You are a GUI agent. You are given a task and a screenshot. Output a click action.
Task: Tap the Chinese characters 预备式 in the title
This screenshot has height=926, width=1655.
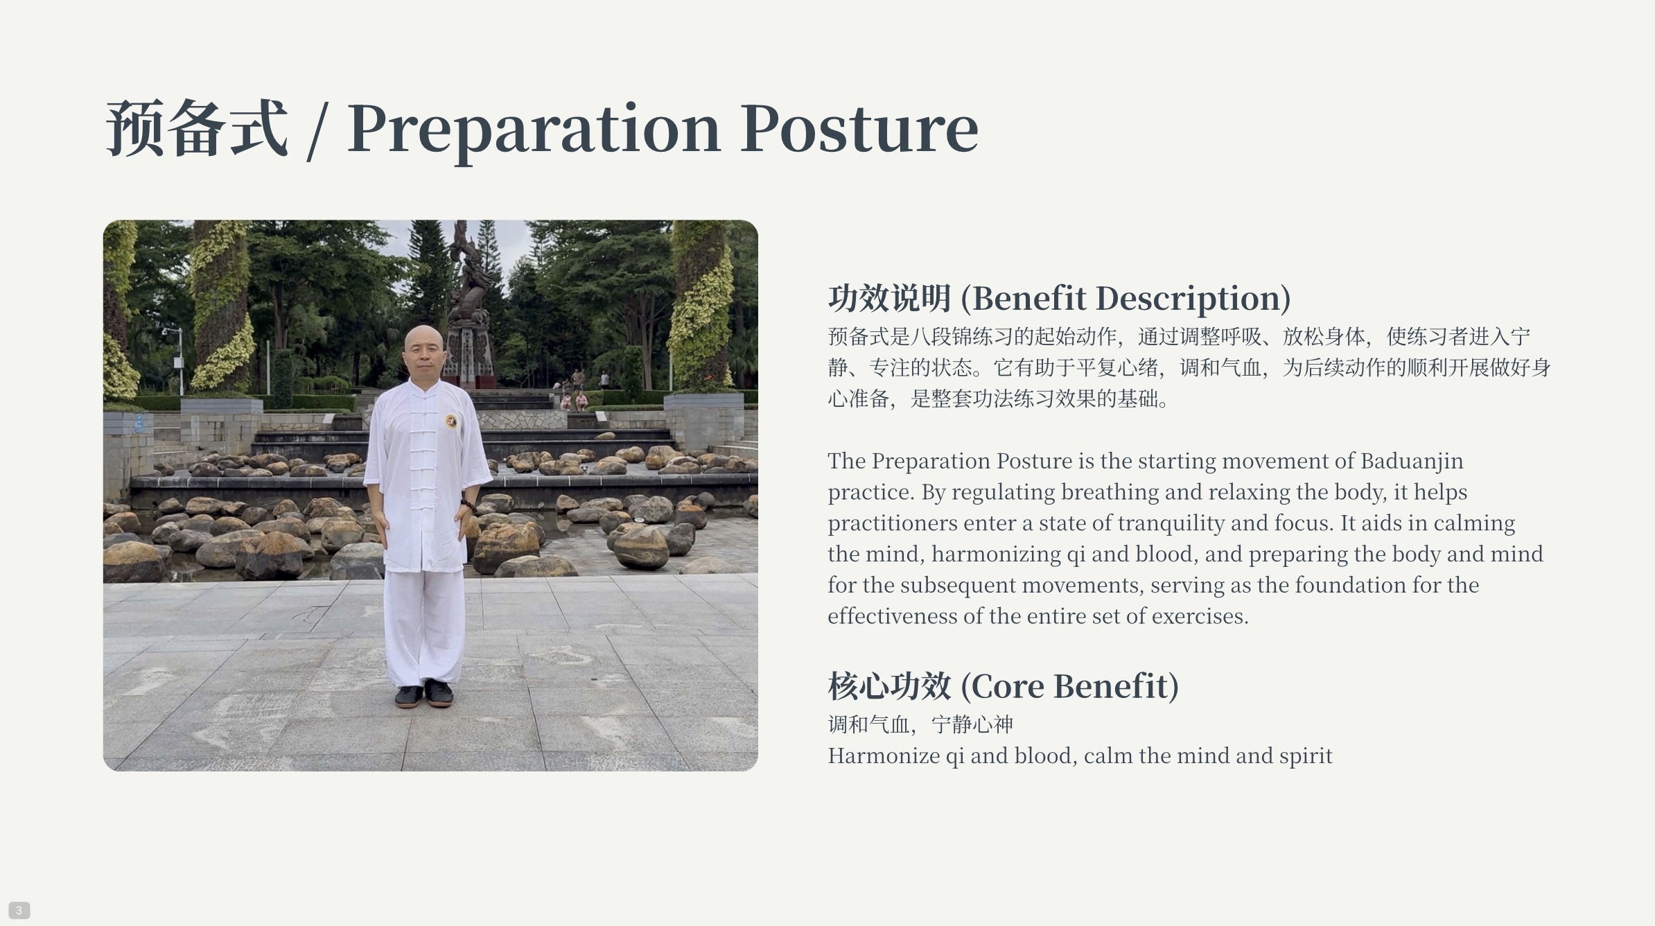pos(197,128)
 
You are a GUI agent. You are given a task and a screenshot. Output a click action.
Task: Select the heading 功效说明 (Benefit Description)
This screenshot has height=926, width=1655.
pos(1059,298)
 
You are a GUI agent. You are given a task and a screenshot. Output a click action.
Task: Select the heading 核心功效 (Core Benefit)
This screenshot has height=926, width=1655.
pos(1003,686)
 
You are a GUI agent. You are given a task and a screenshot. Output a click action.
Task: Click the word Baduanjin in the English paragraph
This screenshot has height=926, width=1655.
pos(1412,461)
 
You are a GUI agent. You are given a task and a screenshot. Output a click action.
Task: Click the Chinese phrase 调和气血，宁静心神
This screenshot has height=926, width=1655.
pos(920,724)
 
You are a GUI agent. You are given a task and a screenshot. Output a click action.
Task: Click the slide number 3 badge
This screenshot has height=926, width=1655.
pos(19,910)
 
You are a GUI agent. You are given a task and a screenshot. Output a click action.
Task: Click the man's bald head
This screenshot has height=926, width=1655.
pos(424,341)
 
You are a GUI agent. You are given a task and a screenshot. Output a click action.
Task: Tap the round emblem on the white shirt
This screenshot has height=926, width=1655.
pos(451,421)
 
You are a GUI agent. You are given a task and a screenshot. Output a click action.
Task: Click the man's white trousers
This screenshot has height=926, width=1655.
pos(424,627)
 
